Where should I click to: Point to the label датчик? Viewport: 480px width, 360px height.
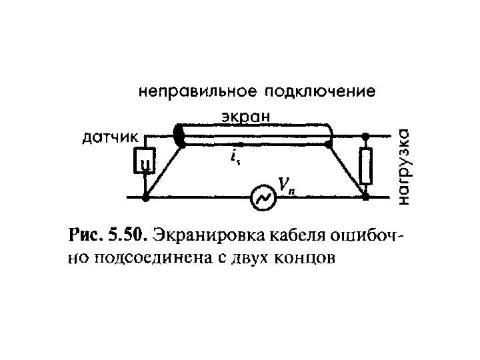[x=111, y=139]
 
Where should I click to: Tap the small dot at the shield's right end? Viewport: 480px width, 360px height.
[x=329, y=142]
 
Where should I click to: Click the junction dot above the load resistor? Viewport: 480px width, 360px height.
[x=366, y=136]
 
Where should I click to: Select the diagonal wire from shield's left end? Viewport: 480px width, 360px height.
[x=163, y=169]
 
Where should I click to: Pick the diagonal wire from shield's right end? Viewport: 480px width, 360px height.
[x=347, y=169]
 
